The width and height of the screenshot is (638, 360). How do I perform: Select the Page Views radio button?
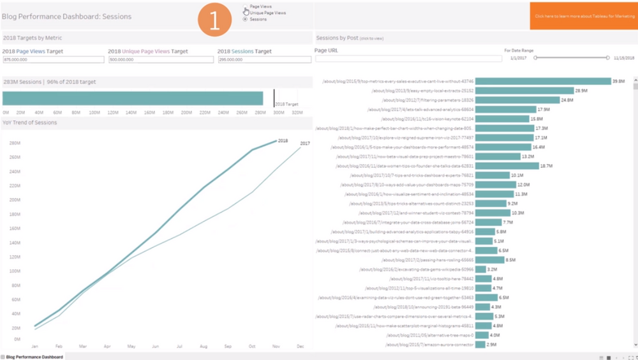pos(246,6)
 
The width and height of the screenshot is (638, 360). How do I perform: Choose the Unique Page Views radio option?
pos(246,13)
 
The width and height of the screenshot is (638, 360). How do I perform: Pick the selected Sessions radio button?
pos(246,19)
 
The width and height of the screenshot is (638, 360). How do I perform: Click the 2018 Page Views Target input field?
pos(53,59)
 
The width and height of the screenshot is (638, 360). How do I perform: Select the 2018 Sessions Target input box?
pos(263,59)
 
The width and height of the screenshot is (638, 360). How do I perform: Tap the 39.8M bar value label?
pos(618,82)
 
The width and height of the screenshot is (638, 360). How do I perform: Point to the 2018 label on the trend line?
pos(283,140)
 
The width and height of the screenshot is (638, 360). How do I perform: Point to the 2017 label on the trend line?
pos(305,144)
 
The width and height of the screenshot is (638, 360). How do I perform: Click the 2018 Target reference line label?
pos(286,103)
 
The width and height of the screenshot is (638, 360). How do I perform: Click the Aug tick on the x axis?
pos(204,347)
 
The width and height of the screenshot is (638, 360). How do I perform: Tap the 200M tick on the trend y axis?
pos(13,200)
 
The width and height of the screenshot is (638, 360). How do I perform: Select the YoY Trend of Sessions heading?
pos(30,123)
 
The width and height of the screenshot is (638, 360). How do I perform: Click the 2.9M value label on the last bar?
pos(491,345)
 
